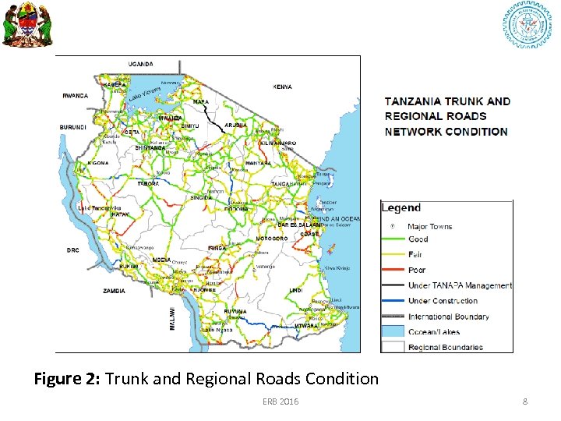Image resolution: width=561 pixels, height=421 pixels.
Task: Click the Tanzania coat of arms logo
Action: coord(25,24)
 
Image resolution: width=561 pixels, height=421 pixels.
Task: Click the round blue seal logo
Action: coord(526,25)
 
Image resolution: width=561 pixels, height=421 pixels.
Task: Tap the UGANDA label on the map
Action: coord(140,64)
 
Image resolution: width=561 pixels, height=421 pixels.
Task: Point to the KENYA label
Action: coord(283,87)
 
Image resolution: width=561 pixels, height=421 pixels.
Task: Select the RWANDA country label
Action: coord(76,96)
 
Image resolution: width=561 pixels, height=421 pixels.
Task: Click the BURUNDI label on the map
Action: coord(72,127)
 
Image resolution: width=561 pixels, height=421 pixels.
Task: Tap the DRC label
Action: coord(72,250)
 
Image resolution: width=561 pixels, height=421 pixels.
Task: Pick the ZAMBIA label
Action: coord(114,291)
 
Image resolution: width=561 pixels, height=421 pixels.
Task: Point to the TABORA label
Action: coord(148,184)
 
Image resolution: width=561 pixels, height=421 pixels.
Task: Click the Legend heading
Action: coord(401,208)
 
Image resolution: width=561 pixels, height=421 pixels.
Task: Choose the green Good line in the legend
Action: coord(393,239)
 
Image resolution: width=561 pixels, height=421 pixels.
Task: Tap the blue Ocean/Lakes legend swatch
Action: coord(393,331)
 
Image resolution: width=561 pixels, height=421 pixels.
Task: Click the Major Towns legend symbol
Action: coord(393,226)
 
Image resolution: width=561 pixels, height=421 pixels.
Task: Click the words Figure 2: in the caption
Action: coord(67,380)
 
